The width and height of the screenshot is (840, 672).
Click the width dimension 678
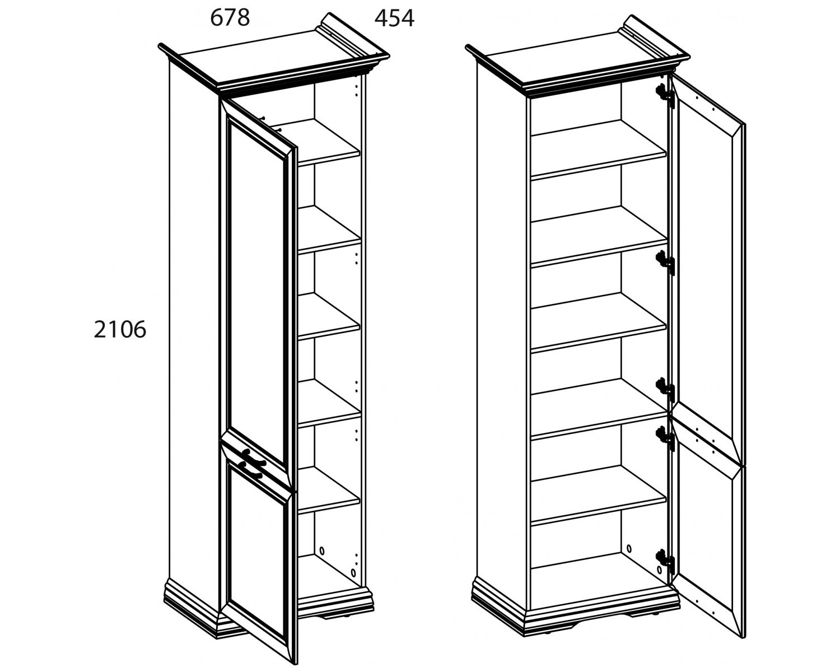coord(230,18)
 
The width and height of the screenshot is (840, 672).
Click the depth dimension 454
coord(394,18)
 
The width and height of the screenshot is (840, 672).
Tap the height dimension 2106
coord(120,329)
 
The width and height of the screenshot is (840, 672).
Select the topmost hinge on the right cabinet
coord(665,96)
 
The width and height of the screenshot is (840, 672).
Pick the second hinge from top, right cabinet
coord(665,263)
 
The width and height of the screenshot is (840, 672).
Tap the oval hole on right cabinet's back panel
coord(629,549)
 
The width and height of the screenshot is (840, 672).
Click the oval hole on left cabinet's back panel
coord(321,550)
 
